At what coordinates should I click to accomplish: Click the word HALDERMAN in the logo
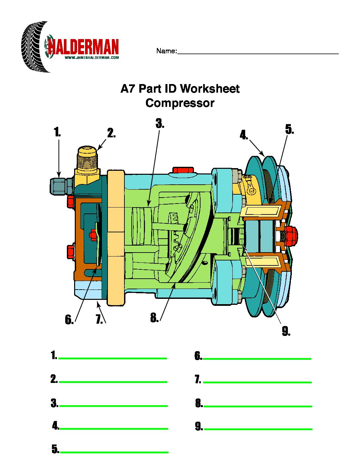pyautogui.click(x=83, y=47)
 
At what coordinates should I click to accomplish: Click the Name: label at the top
pyautogui.click(x=166, y=51)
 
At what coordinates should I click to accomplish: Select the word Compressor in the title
pyautogui.click(x=180, y=103)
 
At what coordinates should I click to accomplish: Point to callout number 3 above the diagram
pyautogui.click(x=160, y=123)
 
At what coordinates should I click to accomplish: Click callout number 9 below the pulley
pyautogui.click(x=286, y=331)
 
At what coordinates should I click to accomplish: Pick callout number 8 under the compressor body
pyautogui.click(x=154, y=318)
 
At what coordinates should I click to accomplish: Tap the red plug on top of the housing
pyautogui.click(x=183, y=170)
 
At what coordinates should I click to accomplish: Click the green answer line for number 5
pyautogui.click(x=114, y=452)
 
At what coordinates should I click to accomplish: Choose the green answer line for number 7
pyautogui.click(x=257, y=382)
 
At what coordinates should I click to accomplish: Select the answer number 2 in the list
pyautogui.click(x=54, y=379)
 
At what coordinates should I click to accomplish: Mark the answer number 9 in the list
pyautogui.click(x=199, y=427)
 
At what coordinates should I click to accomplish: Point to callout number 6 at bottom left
pyautogui.click(x=69, y=320)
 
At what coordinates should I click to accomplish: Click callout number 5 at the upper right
pyautogui.click(x=290, y=130)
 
